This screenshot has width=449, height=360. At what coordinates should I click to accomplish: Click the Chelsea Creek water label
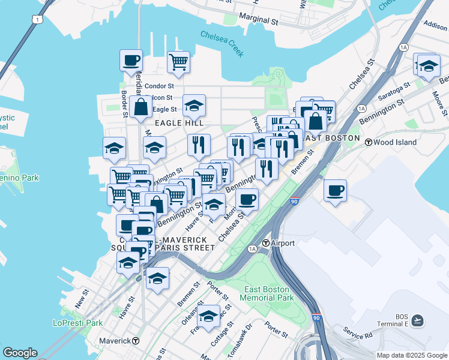click(x=222, y=44)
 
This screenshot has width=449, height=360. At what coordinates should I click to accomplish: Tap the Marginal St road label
click(x=259, y=20)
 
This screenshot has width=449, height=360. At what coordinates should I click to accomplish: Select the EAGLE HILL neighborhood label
click(x=175, y=122)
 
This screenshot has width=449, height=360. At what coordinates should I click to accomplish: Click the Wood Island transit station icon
click(x=368, y=142)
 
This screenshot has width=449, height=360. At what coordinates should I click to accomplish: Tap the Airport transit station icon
click(x=266, y=243)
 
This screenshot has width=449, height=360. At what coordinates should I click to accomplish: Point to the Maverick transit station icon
click(x=136, y=341)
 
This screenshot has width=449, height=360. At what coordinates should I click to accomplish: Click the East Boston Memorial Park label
click(x=268, y=293)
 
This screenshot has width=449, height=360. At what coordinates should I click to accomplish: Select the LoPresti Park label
click(x=78, y=323)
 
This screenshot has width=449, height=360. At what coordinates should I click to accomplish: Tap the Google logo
click(x=20, y=353)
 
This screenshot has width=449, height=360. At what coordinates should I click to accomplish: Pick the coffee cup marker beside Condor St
click(x=131, y=61)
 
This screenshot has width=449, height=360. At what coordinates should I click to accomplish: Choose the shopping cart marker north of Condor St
click(x=178, y=61)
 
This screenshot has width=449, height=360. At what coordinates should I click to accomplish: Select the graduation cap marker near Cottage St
click(x=209, y=316)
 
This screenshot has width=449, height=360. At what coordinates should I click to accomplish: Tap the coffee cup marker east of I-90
click(x=335, y=190)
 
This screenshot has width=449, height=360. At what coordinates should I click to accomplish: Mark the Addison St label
click(x=435, y=26)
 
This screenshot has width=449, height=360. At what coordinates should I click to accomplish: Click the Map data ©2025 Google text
click(x=411, y=355)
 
